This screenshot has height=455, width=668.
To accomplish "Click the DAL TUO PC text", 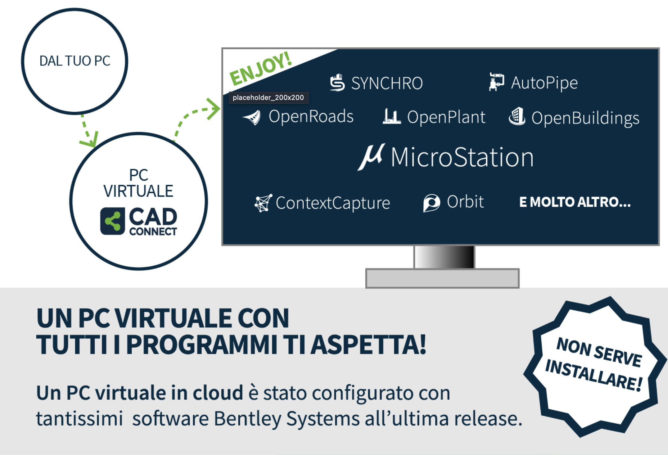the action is (x=75, y=61).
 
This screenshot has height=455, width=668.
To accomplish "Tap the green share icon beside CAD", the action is (x=113, y=221).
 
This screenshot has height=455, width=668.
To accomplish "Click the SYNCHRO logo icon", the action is (x=337, y=83).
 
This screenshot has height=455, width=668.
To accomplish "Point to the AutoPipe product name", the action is (x=544, y=83).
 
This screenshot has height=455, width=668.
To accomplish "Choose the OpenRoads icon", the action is (x=252, y=118).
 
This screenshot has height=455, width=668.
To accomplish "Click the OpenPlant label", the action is (x=446, y=117).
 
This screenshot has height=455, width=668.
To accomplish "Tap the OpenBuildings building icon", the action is (x=517, y=116).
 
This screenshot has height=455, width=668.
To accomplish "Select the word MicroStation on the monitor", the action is (x=462, y=157).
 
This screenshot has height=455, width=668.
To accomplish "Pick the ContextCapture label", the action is (x=333, y=203).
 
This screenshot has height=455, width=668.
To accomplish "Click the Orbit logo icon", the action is (x=431, y=203).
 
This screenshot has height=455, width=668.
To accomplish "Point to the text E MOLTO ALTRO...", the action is (x=575, y=202).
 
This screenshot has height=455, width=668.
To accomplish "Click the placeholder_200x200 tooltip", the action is (x=269, y=97).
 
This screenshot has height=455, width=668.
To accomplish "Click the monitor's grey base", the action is (x=442, y=278).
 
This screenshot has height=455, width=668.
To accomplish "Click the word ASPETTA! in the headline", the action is (x=369, y=345).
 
